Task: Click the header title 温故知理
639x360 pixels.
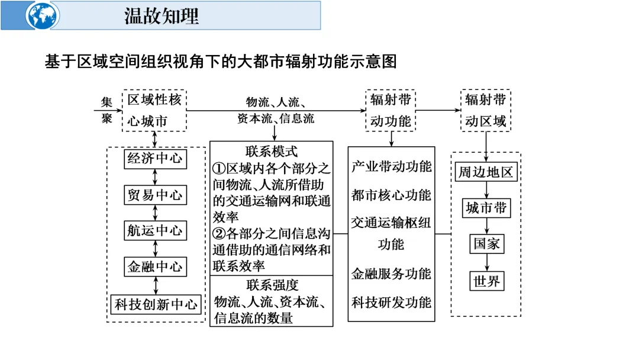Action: point(162,15)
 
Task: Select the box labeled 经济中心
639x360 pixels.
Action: point(156,159)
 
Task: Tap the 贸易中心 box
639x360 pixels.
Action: point(156,195)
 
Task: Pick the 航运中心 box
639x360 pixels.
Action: point(156,231)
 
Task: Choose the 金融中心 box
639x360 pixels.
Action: point(156,267)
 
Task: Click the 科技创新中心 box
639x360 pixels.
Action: point(156,304)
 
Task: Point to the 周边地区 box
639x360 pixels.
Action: point(486,172)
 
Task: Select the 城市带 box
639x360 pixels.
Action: point(486,208)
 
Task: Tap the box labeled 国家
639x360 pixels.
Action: point(486,244)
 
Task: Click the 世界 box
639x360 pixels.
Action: point(486,280)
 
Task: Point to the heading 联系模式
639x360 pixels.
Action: point(272,152)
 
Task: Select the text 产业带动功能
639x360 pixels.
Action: point(391,166)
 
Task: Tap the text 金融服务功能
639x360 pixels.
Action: point(391,274)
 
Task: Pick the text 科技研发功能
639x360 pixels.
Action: point(391,302)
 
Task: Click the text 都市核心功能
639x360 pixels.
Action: point(391,195)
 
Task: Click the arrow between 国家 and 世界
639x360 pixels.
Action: point(486,262)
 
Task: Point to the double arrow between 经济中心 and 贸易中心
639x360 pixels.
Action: point(156,176)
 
